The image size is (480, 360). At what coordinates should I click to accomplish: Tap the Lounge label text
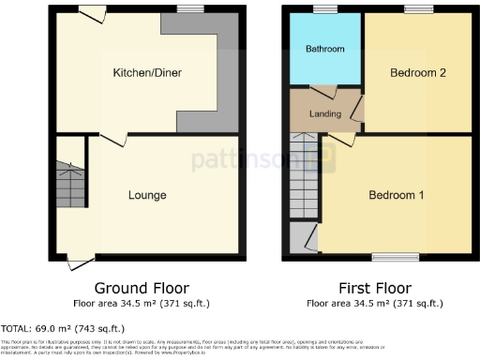pos(147,195)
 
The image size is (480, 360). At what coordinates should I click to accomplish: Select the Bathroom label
pos(325,49)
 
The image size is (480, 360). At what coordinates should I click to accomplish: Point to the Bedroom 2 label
pos(417,72)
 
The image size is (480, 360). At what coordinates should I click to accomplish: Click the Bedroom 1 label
pos(396,195)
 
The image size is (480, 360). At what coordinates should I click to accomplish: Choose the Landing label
pos(324,114)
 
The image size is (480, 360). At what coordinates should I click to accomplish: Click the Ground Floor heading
pos(142,288)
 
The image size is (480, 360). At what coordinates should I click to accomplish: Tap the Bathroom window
pos(325,8)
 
